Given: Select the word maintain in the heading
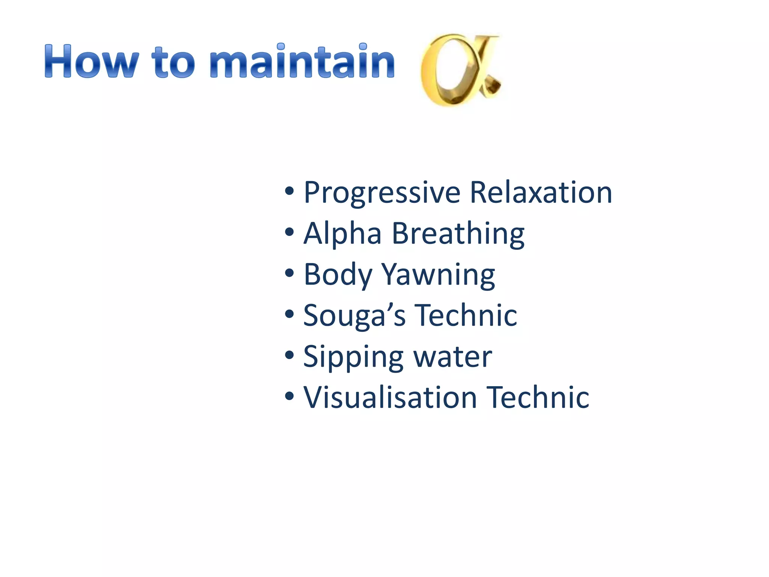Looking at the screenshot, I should point(302,62).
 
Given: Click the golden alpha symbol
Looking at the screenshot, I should point(460,69).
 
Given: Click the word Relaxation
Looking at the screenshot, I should point(541,192).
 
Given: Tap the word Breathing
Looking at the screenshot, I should point(458,234).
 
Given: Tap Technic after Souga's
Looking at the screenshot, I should point(466,316).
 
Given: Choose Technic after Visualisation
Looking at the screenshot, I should point(538,397).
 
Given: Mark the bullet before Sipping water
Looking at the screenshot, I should point(289,355).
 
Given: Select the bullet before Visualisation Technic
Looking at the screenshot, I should point(289,396).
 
